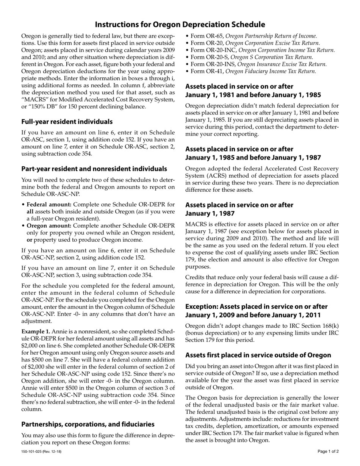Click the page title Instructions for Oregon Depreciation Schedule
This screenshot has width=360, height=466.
(x=180, y=25)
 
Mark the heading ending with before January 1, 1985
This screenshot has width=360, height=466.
(x=253, y=95)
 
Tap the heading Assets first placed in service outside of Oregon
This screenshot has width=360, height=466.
(x=258, y=355)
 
